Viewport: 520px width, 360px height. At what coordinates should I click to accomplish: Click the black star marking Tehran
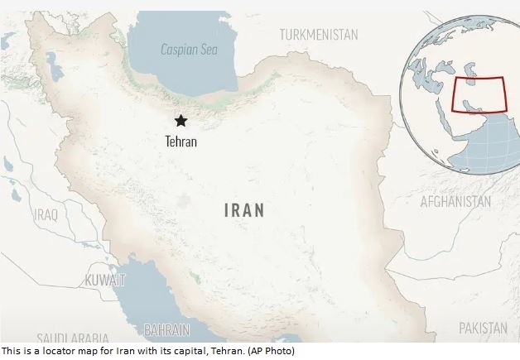point(181,121)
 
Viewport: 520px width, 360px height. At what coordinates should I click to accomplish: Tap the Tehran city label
point(181,142)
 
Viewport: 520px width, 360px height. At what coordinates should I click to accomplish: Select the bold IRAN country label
point(244,210)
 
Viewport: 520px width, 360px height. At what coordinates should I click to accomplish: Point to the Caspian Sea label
point(189,50)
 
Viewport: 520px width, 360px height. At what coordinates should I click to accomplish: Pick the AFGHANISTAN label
point(455,201)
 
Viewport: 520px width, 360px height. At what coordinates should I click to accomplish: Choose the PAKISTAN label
point(483,328)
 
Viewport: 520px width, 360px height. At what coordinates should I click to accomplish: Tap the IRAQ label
point(46,214)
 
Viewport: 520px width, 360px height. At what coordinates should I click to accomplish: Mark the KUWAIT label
point(105,281)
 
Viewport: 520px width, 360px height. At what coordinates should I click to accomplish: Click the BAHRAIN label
point(166,329)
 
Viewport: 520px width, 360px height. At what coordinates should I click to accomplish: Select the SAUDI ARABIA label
point(72,338)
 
